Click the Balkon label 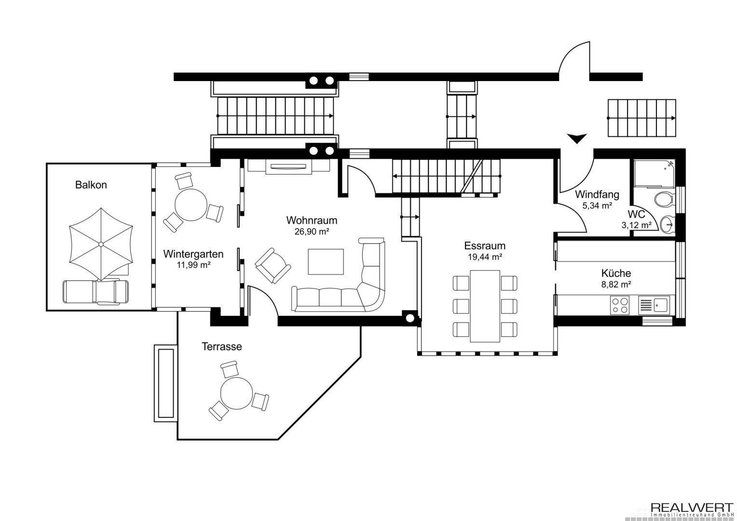click(x=91, y=185)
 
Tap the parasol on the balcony click(x=101, y=244)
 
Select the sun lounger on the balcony click(x=96, y=292)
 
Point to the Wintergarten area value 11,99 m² click(x=193, y=264)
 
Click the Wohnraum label click(x=312, y=220)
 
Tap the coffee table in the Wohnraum click(x=326, y=261)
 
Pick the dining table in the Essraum click(x=485, y=306)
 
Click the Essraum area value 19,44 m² click(x=485, y=257)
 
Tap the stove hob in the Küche click(x=620, y=305)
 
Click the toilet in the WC click(x=665, y=199)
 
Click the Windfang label click(x=597, y=195)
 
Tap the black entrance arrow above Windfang click(x=577, y=138)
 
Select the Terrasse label click(x=222, y=346)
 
